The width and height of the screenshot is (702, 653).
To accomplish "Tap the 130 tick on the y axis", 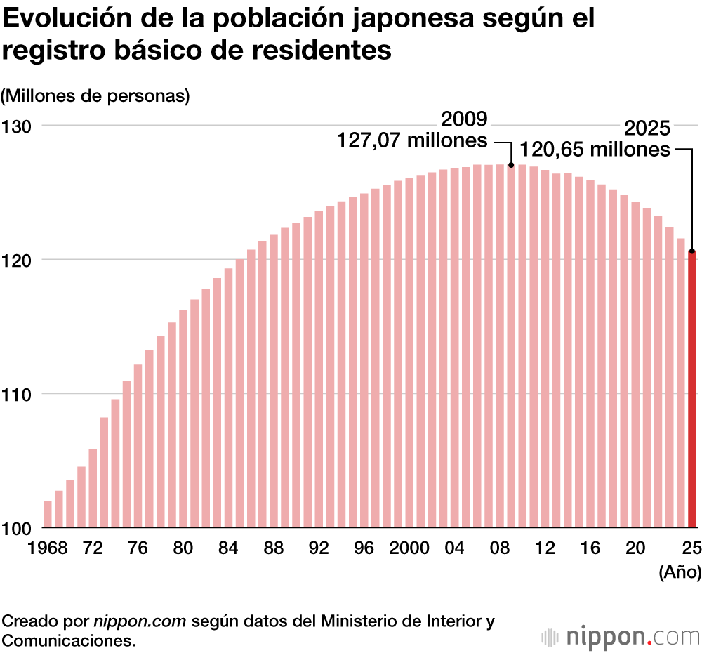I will tap(17, 127).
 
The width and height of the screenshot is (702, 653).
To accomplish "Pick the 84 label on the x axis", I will tap(228, 548).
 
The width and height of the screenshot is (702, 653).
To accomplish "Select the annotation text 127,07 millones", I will tap(413, 140).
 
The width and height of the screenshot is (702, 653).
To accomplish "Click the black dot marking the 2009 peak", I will tap(511, 165).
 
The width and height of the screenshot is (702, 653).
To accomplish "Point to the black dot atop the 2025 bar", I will tap(692, 251).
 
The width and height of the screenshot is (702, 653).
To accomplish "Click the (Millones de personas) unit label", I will tap(96, 96).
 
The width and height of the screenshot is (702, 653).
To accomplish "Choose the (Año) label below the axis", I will tap(680, 573).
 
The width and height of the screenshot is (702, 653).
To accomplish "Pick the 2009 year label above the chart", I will tap(464, 119).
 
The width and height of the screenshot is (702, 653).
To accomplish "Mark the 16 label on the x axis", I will tap(590, 548).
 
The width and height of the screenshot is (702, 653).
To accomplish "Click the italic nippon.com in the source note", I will tap(140, 621).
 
